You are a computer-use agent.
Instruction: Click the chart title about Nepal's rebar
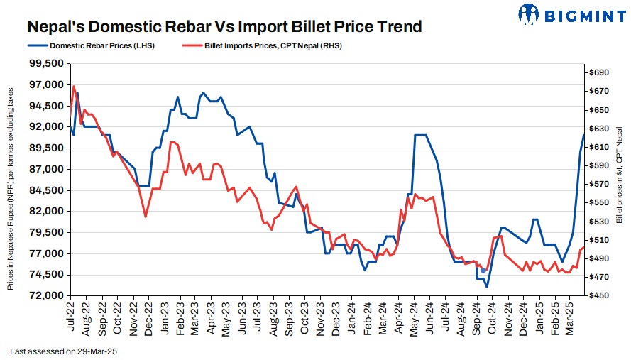(x=224, y=27)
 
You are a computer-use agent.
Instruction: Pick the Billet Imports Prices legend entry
(x=267, y=45)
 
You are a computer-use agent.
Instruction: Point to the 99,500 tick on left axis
(x=45, y=64)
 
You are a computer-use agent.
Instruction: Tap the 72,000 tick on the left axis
(x=45, y=295)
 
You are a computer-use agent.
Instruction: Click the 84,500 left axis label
(x=45, y=190)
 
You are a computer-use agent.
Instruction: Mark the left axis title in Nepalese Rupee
(x=11, y=189)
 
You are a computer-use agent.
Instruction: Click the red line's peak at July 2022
(x=74, y=86)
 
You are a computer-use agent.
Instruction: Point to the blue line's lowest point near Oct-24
(x=487, y=287)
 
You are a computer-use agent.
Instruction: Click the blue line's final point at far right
(x=584, y=135)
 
